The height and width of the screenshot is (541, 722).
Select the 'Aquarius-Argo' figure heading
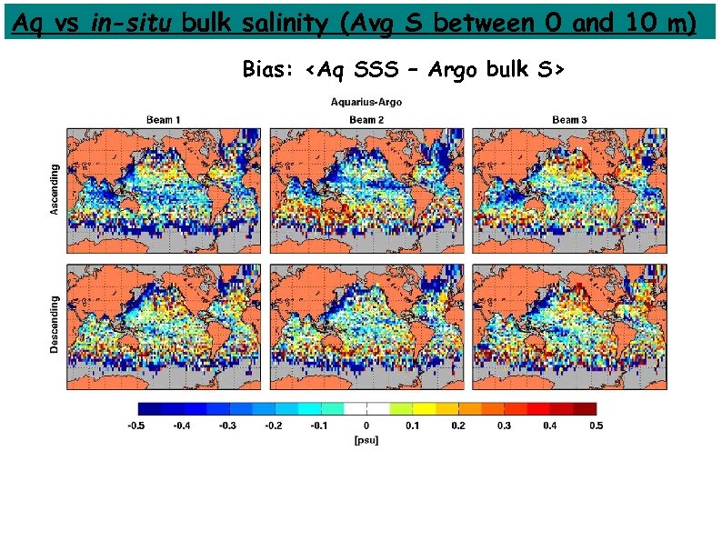(366, 102)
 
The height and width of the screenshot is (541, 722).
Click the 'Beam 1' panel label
(164, 120)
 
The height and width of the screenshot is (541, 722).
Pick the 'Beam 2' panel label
(366, 120)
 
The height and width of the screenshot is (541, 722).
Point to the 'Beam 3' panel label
(569, 120)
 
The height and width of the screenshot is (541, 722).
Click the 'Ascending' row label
(55, 189)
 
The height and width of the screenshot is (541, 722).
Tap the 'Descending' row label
(55, 325)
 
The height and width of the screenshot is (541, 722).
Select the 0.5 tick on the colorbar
(596, 425)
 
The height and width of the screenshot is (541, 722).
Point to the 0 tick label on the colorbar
(366, 425)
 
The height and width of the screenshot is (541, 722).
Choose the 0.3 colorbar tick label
(505, 425)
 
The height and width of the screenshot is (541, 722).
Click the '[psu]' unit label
(366, 440)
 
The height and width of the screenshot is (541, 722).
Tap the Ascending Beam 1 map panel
(164, 189)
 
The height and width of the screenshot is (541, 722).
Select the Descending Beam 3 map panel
(569, 325)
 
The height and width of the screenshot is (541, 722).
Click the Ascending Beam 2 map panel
(366, 189)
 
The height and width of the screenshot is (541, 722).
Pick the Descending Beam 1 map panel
(164, 325)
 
